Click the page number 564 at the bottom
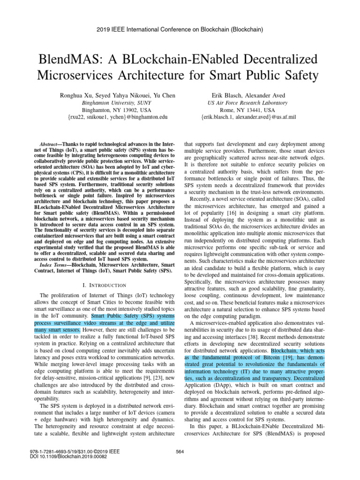(x=180, y=451)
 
